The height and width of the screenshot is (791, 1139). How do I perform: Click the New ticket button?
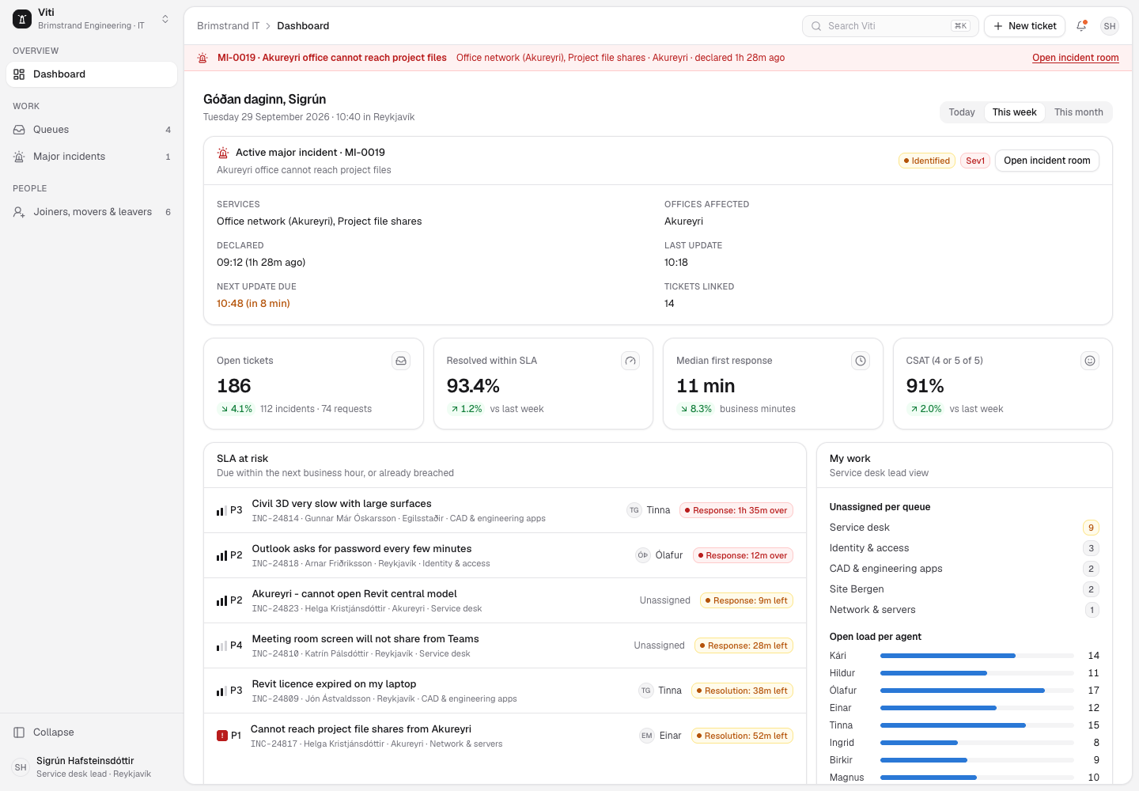tap(1024, 26)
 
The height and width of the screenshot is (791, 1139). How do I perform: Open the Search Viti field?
tap(890, 26)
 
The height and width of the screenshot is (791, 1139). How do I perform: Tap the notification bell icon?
tap(1081, 26)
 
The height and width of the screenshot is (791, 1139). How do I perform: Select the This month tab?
tap(1078, 112)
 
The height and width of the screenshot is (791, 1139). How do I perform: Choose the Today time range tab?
tap(962, 112)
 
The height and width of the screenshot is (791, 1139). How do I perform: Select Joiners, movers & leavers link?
tap(92, 212)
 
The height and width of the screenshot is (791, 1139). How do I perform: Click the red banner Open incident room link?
tap(1075, 58)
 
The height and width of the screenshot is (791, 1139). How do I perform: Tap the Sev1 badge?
tap(974, 161)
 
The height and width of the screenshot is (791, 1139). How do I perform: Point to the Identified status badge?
tap(926, 161)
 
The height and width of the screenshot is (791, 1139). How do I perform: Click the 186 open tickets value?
tap(234, 386)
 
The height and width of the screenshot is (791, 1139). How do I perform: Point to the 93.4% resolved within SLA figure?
tap(473, 386)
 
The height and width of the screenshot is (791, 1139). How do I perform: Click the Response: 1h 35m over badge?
tap(736, 510)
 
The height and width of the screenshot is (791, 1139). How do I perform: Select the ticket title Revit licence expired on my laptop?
tap(334, 684)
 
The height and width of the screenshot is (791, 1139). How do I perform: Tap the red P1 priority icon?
tap(222, 736)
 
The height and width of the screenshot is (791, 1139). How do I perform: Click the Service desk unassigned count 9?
tap(1091, 528)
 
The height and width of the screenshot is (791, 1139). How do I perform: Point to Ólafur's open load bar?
tap(962, 691)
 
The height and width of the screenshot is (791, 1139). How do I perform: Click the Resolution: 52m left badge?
tap(742, 736)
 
